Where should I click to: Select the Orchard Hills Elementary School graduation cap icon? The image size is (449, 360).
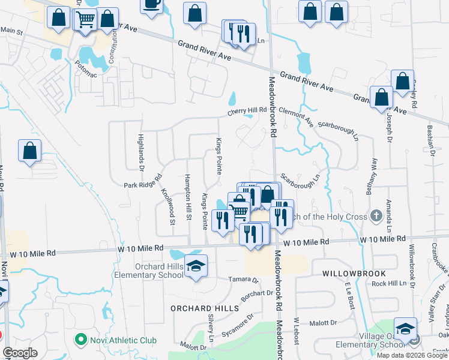point(196,265)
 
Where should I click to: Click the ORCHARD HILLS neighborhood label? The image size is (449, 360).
point(205,308)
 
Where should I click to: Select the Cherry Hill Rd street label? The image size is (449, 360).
point(246,111)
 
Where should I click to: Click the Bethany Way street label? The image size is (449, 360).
point(373,172)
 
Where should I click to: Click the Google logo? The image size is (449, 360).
point(20,353)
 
